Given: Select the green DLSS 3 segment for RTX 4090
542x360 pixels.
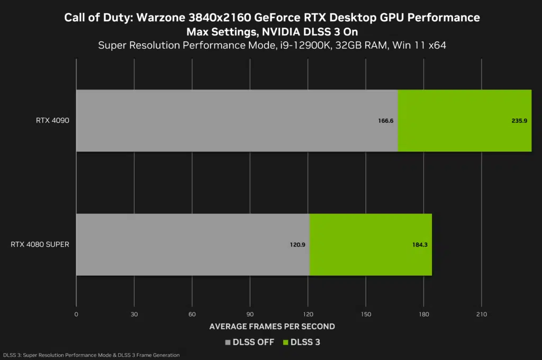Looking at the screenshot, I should (464, 121).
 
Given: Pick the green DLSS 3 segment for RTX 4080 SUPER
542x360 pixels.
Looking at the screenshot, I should (371, 245).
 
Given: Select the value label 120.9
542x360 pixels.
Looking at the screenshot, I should (297, 245).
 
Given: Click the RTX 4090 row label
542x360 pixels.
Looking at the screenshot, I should (53, 121).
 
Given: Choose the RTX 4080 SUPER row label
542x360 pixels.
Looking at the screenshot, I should (40, 245).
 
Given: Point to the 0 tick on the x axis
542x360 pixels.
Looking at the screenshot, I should (76, 314).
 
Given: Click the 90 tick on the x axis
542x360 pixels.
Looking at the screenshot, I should (250, 314).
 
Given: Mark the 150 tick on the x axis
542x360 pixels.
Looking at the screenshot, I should (365, 314).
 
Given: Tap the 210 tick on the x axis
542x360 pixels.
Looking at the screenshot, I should (481, 314).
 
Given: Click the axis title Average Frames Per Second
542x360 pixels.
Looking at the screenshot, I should (272, 326).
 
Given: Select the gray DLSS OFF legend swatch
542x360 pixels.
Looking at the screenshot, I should (228, 343).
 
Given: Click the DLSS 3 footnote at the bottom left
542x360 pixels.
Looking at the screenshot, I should (91, 355).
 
